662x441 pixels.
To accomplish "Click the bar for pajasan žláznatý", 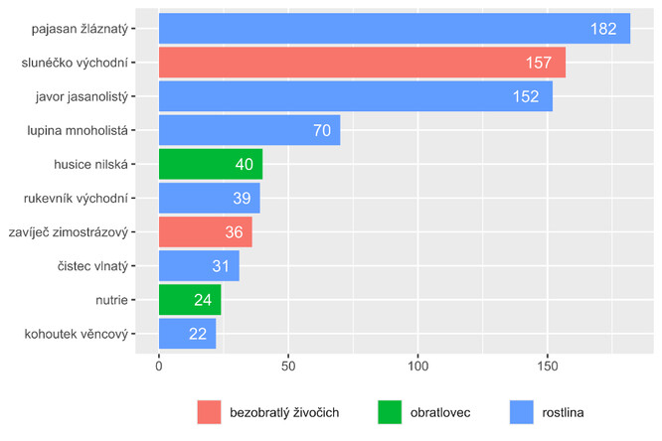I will tap(395, 29).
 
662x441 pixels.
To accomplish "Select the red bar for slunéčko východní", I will tap(362, 63).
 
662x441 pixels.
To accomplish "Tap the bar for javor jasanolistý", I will tap(355, 96).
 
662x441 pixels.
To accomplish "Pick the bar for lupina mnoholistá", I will tap(249, 130).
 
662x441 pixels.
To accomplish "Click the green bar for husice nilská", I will tap(211, 164).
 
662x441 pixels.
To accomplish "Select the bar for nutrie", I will tap(190, 299).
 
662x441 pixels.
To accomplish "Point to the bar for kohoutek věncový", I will tap(188, 333).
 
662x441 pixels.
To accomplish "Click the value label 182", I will tap(603, 29).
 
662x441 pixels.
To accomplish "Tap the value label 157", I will tap(539, 63).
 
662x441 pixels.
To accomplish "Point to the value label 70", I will tap(320, 130).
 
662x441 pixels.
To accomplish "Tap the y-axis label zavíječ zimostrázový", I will tap(72, 231).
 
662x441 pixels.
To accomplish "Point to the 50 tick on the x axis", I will tap(288, 365).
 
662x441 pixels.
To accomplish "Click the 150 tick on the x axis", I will tap(548, 365).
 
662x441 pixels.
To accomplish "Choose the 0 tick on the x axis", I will tap(159, 365).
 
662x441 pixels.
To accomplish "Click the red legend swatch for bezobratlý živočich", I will tap(211, 411).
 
